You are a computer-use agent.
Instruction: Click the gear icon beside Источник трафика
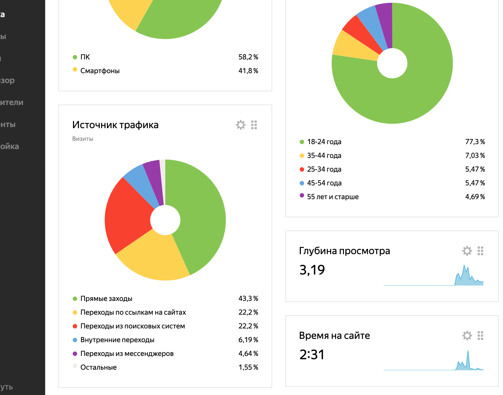coord(240,125)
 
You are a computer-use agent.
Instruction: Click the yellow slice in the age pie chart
coord(355,47)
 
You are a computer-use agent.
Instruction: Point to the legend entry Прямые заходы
coord(106,299)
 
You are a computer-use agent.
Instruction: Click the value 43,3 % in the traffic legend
coord(248,299)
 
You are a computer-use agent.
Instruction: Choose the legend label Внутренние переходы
coord(117,340)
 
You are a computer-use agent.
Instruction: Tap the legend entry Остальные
coord(98,367)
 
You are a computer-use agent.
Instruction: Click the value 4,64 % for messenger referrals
coord(248,354)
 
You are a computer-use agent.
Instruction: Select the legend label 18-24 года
coord(324,142)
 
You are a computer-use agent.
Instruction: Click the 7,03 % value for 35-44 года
coord(475,156)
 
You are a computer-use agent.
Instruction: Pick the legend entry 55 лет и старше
coord(333,197)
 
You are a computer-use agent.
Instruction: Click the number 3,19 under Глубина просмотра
coord(312,270)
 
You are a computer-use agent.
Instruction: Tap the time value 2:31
coord(312,355)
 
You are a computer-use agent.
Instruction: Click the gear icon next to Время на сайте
coord(467,336)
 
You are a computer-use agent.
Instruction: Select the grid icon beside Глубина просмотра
coord(480,251)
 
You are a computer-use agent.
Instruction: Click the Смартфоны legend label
coord(100,71)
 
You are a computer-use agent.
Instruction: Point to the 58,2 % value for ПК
coord(248,57)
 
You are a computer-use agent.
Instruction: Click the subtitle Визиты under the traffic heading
coord(83,139)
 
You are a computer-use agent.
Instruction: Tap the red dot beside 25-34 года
coord(302,169)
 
